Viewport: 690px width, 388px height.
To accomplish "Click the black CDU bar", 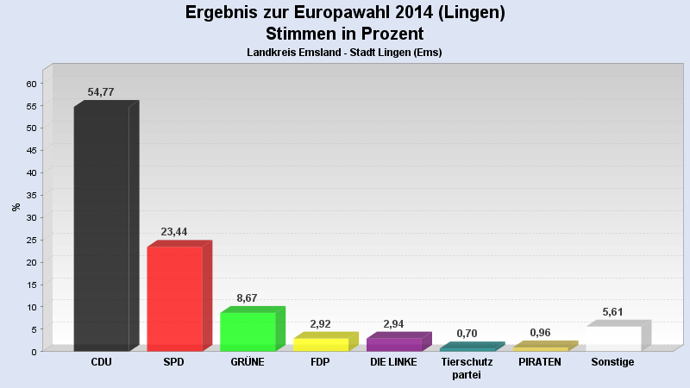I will pos(101,228).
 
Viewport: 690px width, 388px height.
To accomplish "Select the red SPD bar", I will pos(174,298).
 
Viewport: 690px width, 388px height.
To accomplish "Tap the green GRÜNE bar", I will pos(248,331).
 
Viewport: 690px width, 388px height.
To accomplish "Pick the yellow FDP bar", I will pos(321,344).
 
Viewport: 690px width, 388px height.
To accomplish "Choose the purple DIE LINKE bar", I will pos(394,344).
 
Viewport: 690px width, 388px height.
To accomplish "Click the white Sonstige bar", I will pos(613,338).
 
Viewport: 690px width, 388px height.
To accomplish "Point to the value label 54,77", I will pos(101,92).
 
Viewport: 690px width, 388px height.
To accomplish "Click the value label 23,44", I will pos(174,232).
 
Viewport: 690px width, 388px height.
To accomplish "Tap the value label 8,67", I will pos(247,298).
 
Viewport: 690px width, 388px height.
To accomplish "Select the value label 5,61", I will pos(613,312).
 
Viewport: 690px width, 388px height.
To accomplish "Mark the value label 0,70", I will pos(467,333).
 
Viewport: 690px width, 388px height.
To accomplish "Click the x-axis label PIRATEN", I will pos(540,362).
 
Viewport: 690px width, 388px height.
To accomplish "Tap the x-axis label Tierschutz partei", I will pos(467,368).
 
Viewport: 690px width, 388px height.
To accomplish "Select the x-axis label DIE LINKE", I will pos(393,362).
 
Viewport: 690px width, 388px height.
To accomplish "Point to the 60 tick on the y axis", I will pos(31,84).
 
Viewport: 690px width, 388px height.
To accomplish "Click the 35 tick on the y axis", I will pos(31,195).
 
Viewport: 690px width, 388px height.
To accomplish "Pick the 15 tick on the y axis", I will pos(31,285).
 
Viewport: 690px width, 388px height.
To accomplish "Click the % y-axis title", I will pos(15,207).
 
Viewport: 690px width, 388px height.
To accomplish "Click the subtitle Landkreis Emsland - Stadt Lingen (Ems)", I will pos(344,53).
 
